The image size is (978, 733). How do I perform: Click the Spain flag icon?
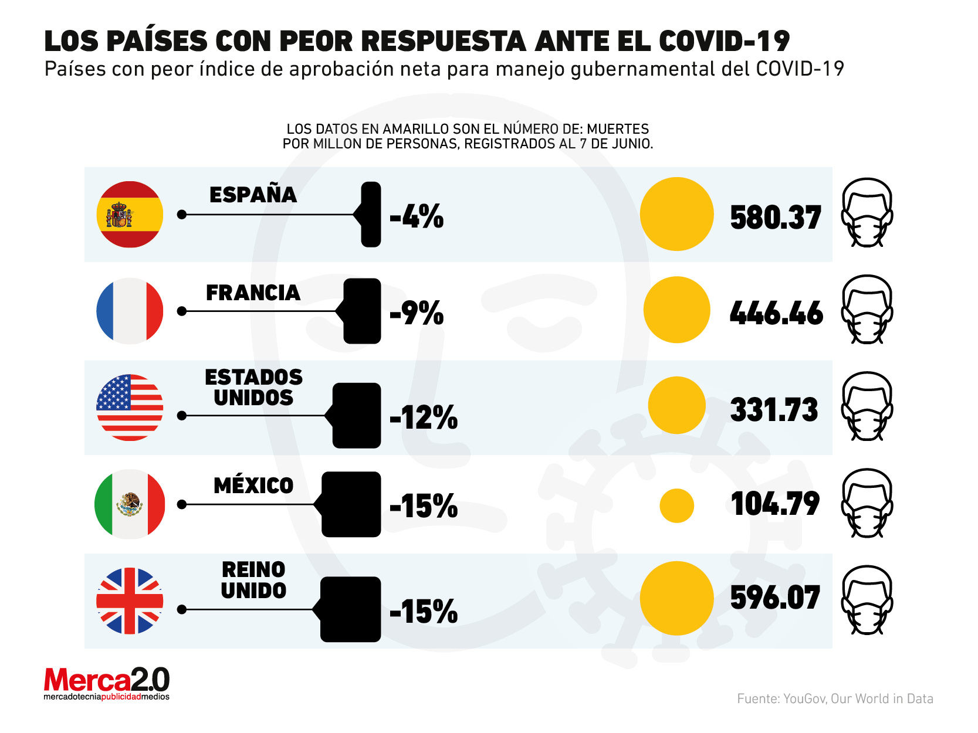click(x=130, y=215)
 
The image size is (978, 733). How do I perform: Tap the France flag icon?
click(x=130, y=311)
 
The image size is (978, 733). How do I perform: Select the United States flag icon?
click(x=130, y=408)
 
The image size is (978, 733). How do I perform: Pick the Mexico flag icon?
click(x=130, y=504)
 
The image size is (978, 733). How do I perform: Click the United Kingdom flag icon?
click(x=130, y=601)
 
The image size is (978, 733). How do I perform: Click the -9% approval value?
click(x=417, y=313)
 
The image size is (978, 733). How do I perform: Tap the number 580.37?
click(x=776, y=218)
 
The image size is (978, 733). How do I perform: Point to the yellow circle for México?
click(x=676, y=505)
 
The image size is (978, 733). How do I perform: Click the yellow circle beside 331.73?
click(x=676, y=405)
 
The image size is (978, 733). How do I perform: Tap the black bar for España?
click(x=371, y=215)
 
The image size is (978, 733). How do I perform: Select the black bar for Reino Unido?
click(x=351, y=609)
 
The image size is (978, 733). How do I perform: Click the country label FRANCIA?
click(x=253, y=293)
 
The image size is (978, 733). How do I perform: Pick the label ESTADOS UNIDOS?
click(x=253, y=388)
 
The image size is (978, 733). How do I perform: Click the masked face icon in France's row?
click(x=867, y=310)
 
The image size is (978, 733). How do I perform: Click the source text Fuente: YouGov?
click(x=835, y=698)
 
